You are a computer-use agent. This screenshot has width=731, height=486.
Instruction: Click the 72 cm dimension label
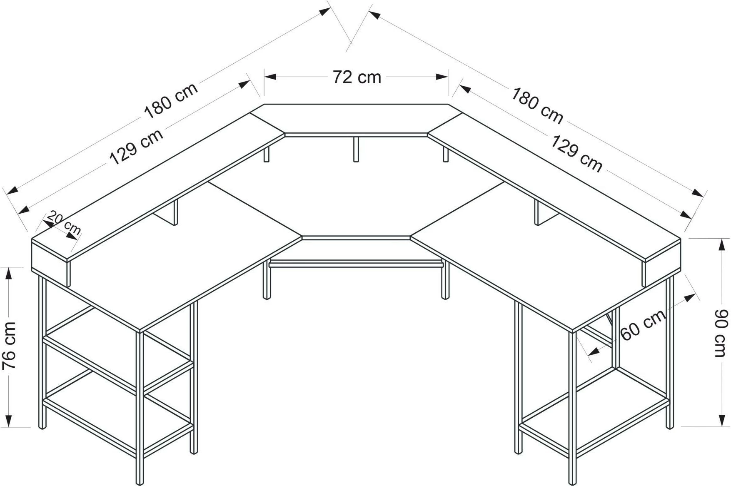(357, 77)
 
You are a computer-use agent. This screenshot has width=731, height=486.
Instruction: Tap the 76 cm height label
(9, 345)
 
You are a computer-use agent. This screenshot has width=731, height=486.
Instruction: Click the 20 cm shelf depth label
(64, 223)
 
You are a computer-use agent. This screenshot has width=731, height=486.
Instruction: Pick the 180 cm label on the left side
(171, 101)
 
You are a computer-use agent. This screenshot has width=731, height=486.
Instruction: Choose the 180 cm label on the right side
(537, 106)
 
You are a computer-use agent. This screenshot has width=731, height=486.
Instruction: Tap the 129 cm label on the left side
(136, 147)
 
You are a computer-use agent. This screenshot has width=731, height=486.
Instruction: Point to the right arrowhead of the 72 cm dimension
(442, 77)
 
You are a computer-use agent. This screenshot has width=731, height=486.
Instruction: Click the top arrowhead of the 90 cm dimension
(722, 244)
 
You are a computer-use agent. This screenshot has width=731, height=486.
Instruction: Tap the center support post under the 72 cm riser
(356, 149)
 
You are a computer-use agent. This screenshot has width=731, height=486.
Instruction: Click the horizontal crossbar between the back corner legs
(356, 264)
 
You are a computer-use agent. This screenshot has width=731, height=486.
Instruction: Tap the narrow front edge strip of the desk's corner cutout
(356, 238)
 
